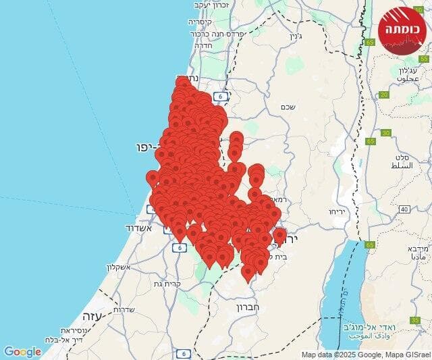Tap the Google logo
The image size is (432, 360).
click(x=22, y=352)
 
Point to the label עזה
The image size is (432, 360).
click(x=90, y=315)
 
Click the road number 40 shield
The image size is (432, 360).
click(x=403, y=209)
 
